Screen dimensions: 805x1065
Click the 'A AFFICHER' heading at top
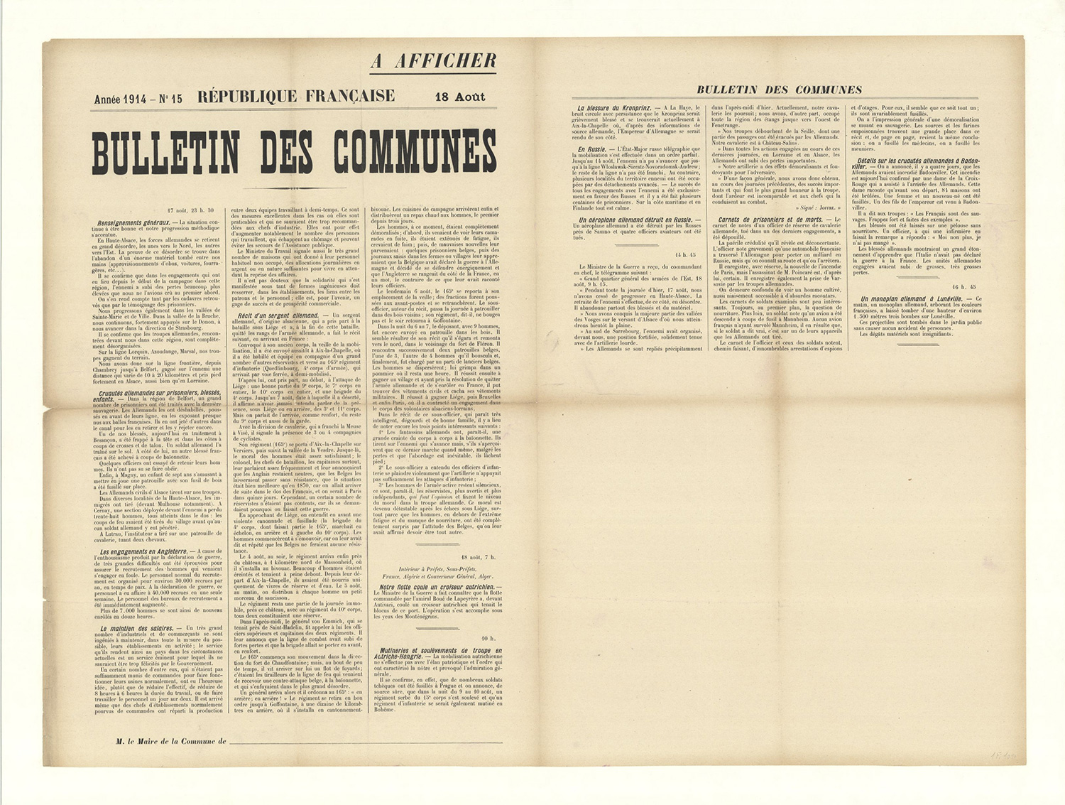433,61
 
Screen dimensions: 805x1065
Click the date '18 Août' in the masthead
459,97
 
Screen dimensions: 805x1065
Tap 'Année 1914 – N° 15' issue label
138,99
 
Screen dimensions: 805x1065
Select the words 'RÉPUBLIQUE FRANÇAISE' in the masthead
296,96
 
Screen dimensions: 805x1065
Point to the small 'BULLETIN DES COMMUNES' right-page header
779,90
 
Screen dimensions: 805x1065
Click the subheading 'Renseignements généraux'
138,222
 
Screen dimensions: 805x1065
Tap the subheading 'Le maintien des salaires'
137,628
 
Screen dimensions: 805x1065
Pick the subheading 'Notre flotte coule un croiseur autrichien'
439,588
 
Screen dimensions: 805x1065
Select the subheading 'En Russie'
592,149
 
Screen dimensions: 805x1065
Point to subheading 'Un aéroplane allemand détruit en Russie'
634,220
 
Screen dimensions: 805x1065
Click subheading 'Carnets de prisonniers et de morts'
770,220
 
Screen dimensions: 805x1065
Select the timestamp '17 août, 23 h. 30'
190,210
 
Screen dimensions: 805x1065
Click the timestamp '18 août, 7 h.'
478,557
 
